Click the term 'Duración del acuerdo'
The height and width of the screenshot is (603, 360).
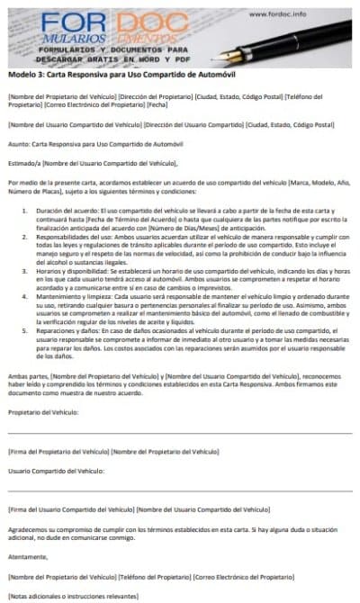click(69, 207)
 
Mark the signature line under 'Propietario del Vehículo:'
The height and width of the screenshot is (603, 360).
click(180, 436)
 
